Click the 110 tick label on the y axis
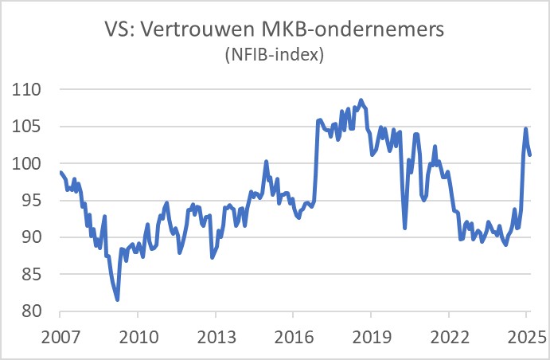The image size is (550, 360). click(x=26, y=90)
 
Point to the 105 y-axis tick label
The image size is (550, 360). click(x=26, y=127)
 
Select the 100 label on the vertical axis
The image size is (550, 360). click(x=26, y=163)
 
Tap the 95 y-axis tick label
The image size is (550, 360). click(x=30, y=201)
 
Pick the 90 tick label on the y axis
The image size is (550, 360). click(x=30, y=237)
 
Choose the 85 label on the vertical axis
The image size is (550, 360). click(x=30, y=274)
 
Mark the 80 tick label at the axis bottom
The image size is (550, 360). click(x=30, y=311)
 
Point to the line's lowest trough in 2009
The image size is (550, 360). click(x=118, y=299)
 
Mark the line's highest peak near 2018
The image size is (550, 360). click(x=361, y=100)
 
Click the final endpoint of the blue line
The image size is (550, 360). click(x=530, y=155)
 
